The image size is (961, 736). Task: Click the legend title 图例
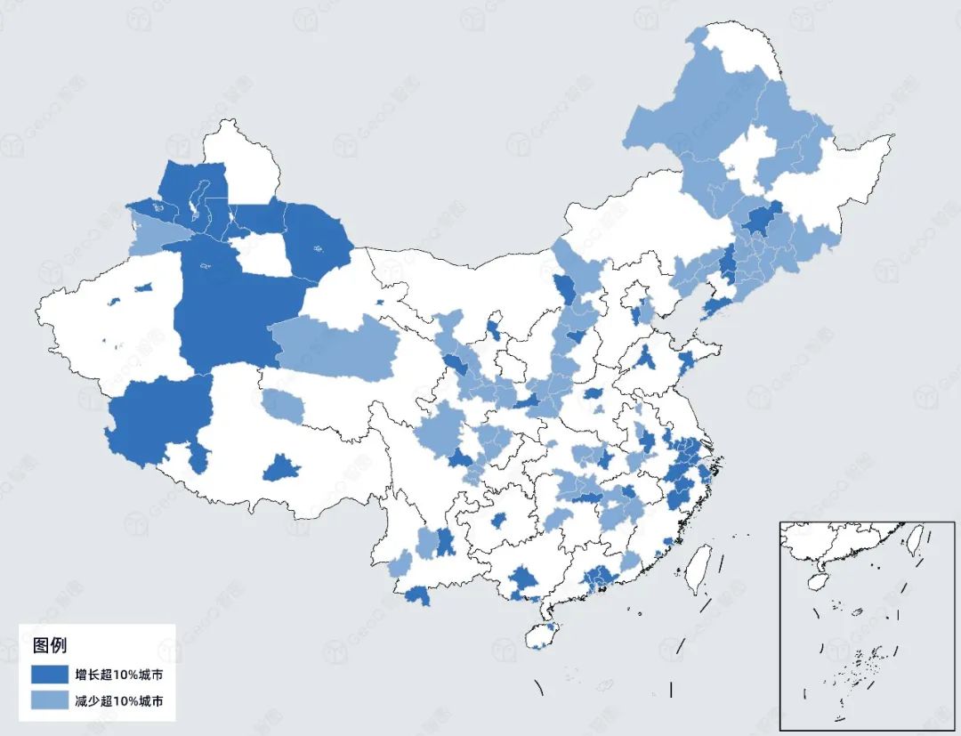(x=50, y=644)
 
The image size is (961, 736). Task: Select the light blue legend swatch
(x=52, y=701)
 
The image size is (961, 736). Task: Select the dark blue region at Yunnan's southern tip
(x=416, y=595)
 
